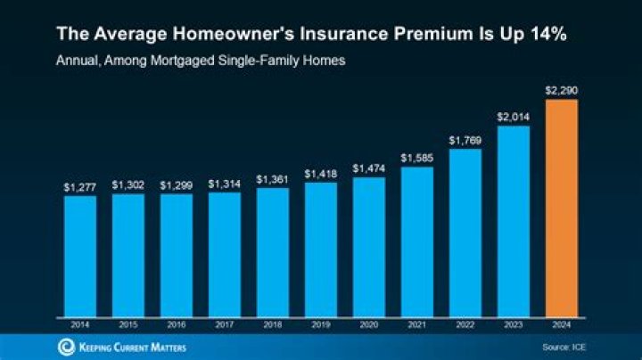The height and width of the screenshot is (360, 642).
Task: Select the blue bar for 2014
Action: (x=79, y=255)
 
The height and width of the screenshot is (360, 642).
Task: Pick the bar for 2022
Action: (x=465, y=232)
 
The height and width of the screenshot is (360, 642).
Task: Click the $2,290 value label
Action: (x=561, y=91)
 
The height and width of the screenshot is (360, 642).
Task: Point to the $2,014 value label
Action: (x=513, y=118)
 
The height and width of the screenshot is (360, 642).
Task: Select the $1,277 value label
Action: (x=79, y=188)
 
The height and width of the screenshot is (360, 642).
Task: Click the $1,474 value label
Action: (x=368, y=168)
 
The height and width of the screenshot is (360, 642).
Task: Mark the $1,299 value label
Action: (x=176, y=185)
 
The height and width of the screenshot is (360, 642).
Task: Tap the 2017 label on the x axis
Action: (x=224, y=324)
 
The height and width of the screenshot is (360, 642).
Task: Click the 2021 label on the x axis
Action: (x=416, y=324)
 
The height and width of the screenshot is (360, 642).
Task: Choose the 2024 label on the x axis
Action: (x=561, y=324)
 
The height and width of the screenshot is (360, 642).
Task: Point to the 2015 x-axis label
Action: (x=128, y=324)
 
